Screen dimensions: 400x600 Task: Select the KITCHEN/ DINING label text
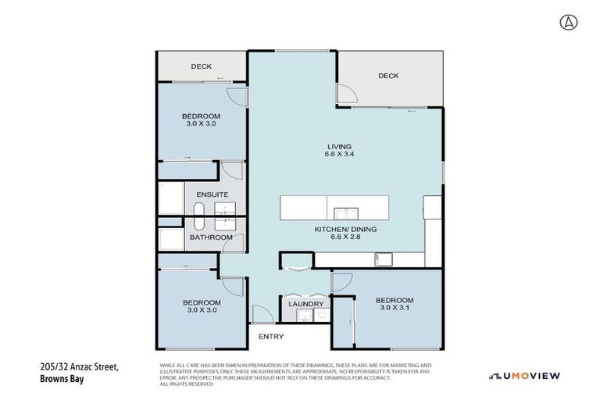345,229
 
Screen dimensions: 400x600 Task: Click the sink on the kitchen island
346,212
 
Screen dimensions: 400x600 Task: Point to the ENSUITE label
212,193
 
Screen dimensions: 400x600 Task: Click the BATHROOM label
211,237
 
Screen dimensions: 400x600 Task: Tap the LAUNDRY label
305,304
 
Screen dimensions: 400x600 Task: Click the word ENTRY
270,337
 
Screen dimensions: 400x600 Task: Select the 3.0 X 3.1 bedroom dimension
394,309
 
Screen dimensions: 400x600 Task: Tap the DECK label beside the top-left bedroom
202,66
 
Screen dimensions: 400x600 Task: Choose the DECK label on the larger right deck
388,76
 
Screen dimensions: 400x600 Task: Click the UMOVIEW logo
524,376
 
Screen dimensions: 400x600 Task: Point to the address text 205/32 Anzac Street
78,368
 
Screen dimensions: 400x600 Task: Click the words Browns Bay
61,379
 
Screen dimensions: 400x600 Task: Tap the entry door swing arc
262,315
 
